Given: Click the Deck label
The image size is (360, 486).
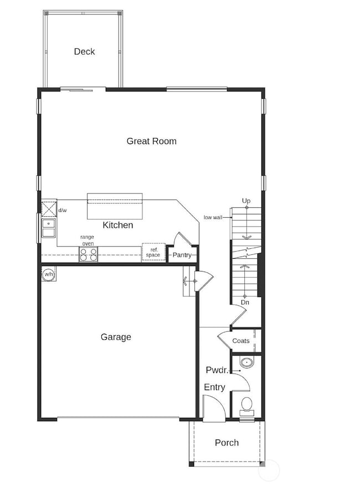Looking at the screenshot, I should [84, 52].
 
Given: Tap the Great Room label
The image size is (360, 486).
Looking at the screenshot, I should [151, 141].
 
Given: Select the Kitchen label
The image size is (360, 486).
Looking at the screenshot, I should [118, 225].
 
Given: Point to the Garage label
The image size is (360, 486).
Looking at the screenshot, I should [116, 336].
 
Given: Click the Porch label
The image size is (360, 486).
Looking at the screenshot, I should [227, 442].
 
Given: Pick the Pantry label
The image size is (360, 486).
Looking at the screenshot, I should [182, 255].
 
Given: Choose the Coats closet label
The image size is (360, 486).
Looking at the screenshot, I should [240, 341].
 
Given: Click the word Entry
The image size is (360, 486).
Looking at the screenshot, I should [214, 387].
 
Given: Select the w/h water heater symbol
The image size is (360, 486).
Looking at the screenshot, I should [48, 274].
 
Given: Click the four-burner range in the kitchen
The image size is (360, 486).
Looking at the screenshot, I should [88, 254].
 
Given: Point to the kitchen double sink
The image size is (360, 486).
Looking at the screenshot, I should [48, 228].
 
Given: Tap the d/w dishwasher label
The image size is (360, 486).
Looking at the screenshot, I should [62, 210].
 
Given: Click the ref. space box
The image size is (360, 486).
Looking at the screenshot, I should [153, 252].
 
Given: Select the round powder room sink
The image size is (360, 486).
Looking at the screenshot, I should [246, 364].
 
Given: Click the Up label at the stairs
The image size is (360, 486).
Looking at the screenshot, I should [246, 200].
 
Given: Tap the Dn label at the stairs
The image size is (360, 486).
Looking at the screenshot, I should [244, 303].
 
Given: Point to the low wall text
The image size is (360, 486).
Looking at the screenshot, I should [213, 217].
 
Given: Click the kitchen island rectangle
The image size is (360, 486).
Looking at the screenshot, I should [115, 206].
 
